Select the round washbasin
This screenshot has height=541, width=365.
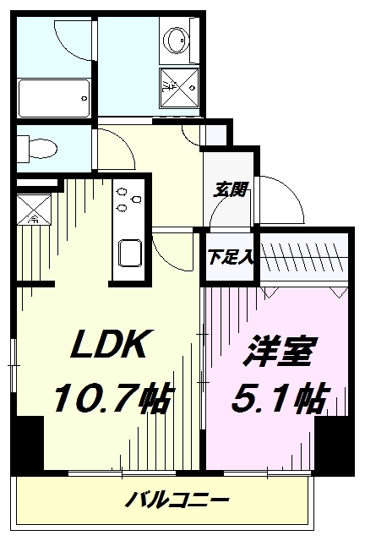(178, 40)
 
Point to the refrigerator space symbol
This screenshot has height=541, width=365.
(35, 207)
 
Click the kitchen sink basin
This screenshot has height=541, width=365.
(132, 253)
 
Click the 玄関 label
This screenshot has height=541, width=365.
(230, 190)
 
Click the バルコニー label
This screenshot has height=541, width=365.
(177, 500)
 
